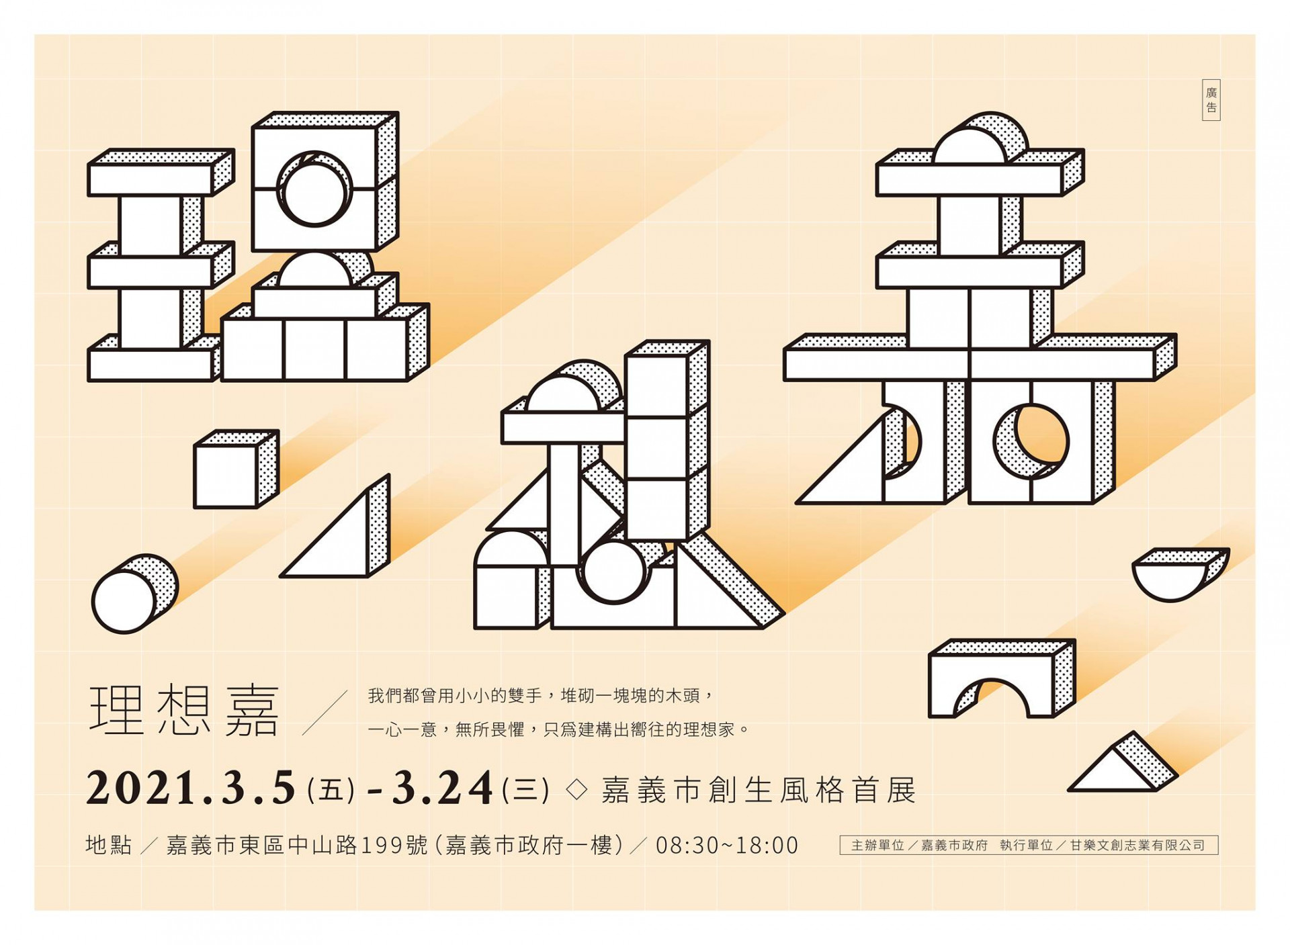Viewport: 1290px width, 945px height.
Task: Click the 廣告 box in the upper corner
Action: point(1211,100)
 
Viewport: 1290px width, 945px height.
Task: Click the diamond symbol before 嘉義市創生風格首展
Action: point(576,789)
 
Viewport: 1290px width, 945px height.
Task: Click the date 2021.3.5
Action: point(191,789)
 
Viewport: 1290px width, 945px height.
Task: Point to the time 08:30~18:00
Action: point(727,846)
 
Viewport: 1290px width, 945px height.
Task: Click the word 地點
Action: point(109,845)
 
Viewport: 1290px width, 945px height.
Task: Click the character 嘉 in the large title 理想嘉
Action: point(252,711)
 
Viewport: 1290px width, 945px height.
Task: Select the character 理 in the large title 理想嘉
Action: point(117,711)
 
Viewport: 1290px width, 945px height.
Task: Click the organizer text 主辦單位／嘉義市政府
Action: point(918,846)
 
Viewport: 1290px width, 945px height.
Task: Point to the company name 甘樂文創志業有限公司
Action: point(1137,846)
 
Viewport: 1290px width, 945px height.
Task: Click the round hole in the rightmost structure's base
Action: point(1041,441)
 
